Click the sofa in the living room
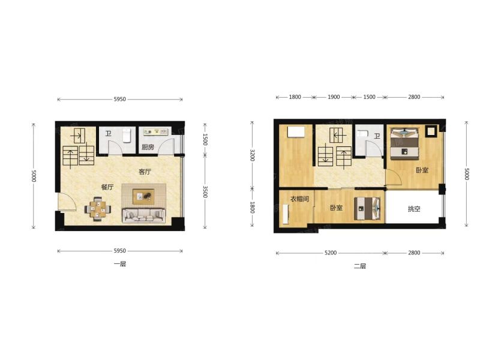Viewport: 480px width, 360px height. (x=143, y=215)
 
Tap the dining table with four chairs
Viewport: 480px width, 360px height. (x=98, y=209)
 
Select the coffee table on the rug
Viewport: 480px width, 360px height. (x=143, y=196)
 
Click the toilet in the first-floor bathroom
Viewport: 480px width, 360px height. (x=127, y=136)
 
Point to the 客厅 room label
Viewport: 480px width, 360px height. (x=145, y=172)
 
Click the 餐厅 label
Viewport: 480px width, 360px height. (x=107, y=187)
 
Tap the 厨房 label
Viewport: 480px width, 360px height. (x=148, y=147)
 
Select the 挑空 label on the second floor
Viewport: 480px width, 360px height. (x=414, y=209)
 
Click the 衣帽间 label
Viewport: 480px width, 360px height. (x=299, y=199)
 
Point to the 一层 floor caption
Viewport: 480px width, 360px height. (x=120, y=264)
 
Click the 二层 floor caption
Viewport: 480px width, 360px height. (x=360, y=266)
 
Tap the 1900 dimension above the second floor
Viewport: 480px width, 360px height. (x=334, y=97)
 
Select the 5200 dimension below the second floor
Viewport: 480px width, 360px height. (x=331, y=253)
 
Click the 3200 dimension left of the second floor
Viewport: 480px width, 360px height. (x=252, y=155)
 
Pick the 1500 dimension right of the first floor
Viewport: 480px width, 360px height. (x=205, y=140)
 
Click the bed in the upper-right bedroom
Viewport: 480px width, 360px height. (x=404, y=144)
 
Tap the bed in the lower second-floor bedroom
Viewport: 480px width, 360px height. (x=367, y=208)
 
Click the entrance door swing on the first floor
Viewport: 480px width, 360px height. (x=67, y=202)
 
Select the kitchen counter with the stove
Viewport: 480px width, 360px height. (x=156, y=132)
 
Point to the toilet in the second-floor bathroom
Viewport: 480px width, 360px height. (x=362, y=134)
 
